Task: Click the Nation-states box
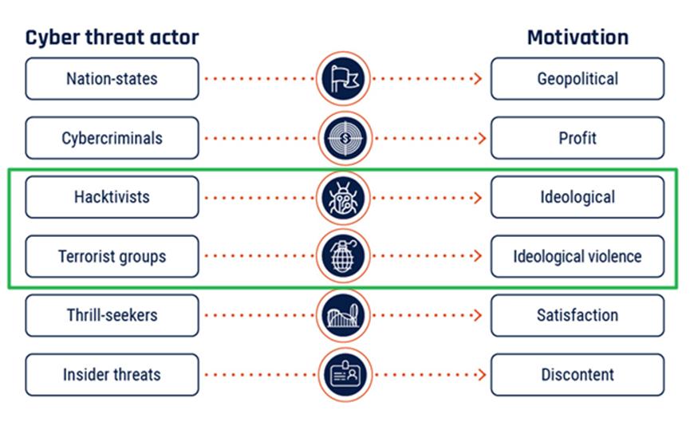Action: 112,79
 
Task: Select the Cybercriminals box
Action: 112,138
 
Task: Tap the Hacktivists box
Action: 112,197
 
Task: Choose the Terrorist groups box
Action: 112,257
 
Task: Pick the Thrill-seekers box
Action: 112,316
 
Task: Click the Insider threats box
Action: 112,375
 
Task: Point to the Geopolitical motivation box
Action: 578,79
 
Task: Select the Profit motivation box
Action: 578,138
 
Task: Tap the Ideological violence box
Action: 578,257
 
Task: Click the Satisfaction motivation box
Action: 578,316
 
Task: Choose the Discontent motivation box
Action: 578,375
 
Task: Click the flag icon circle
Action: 343,79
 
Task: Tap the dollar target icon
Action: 345,138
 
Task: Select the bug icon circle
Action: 343,198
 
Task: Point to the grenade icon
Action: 343,256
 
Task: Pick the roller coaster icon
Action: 343,316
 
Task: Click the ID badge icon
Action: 345,375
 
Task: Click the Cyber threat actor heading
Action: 112,37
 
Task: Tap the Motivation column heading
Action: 578,37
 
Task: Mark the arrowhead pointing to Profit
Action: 482,138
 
